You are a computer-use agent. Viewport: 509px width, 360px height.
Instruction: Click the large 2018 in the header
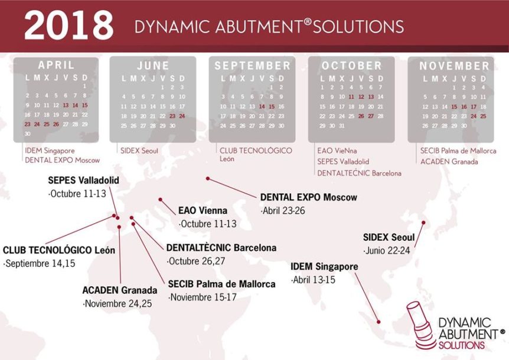pos(69,25)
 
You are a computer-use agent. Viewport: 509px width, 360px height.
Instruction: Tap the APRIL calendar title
pos(56,65)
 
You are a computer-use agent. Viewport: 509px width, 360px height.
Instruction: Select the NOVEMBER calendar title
pos(454,66)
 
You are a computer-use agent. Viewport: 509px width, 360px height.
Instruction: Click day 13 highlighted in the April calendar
pos(66,105)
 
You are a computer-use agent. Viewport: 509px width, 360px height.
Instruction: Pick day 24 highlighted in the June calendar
pos(182,116)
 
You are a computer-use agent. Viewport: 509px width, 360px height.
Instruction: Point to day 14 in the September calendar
pos(262,106)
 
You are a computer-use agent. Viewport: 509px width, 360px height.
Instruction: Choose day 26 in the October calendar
pos(361,116)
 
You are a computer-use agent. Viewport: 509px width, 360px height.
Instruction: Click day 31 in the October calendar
pos(341,126)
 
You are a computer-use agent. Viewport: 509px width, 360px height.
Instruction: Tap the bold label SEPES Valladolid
pos(83,181)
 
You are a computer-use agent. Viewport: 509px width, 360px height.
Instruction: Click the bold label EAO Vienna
pos(203,211)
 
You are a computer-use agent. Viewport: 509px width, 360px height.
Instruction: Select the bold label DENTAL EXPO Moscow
pos(309,197)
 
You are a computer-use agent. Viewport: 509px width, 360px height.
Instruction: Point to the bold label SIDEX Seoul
pos(389,237)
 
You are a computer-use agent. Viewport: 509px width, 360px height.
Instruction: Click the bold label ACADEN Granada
pos(120,290)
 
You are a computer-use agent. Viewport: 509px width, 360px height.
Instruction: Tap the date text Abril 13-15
pos(314,280)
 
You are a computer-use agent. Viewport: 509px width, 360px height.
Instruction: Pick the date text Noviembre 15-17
pos(203,297)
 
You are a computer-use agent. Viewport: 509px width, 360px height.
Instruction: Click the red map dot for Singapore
pos(379,322)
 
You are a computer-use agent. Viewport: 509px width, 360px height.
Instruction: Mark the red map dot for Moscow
pos(208,179)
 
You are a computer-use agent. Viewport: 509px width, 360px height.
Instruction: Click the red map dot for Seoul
pos(423,223)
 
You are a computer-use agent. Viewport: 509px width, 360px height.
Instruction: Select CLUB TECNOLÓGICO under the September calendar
pos(256,151)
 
